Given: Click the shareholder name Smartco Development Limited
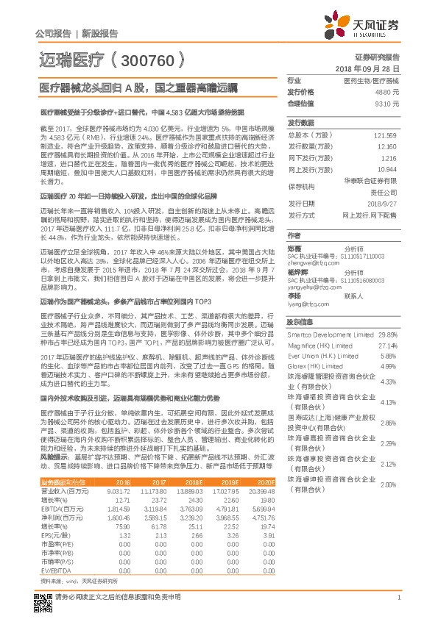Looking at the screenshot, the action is [x=330, y=334].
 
